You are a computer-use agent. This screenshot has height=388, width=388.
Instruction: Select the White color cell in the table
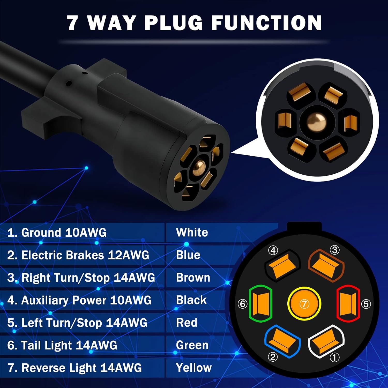tap(192, 232)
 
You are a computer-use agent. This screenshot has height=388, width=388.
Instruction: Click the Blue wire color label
tap(188, 255)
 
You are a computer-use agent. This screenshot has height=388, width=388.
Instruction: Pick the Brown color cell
tap(193, 278)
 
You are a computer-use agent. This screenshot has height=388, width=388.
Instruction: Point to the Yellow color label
tap(194, 368)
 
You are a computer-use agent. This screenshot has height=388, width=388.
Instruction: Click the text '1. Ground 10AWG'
tap(57, 233)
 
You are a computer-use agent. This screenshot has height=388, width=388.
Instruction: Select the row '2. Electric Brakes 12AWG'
tap(78, 255)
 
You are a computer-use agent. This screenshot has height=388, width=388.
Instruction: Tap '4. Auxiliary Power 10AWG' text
tap(79, 300)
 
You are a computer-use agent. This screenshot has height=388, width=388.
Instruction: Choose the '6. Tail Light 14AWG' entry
tap(62, 345)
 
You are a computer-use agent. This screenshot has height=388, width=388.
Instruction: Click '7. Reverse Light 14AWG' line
tap(75, 368)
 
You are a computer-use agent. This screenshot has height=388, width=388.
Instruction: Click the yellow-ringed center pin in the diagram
tap(304, 304)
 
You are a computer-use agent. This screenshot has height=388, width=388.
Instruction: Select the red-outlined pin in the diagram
tap(348, 303)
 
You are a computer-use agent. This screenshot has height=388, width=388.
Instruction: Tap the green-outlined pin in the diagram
tap(261, 303)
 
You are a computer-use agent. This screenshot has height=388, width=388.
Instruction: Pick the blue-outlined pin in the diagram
tap(282, 341)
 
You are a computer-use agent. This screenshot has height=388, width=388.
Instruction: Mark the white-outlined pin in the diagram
tap(326, 341)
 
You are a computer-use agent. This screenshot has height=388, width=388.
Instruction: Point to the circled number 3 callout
tap(335, 250)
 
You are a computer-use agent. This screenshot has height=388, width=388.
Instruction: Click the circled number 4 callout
tap(273, 250)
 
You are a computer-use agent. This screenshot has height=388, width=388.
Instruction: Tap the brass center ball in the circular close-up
tap(316, 122)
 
